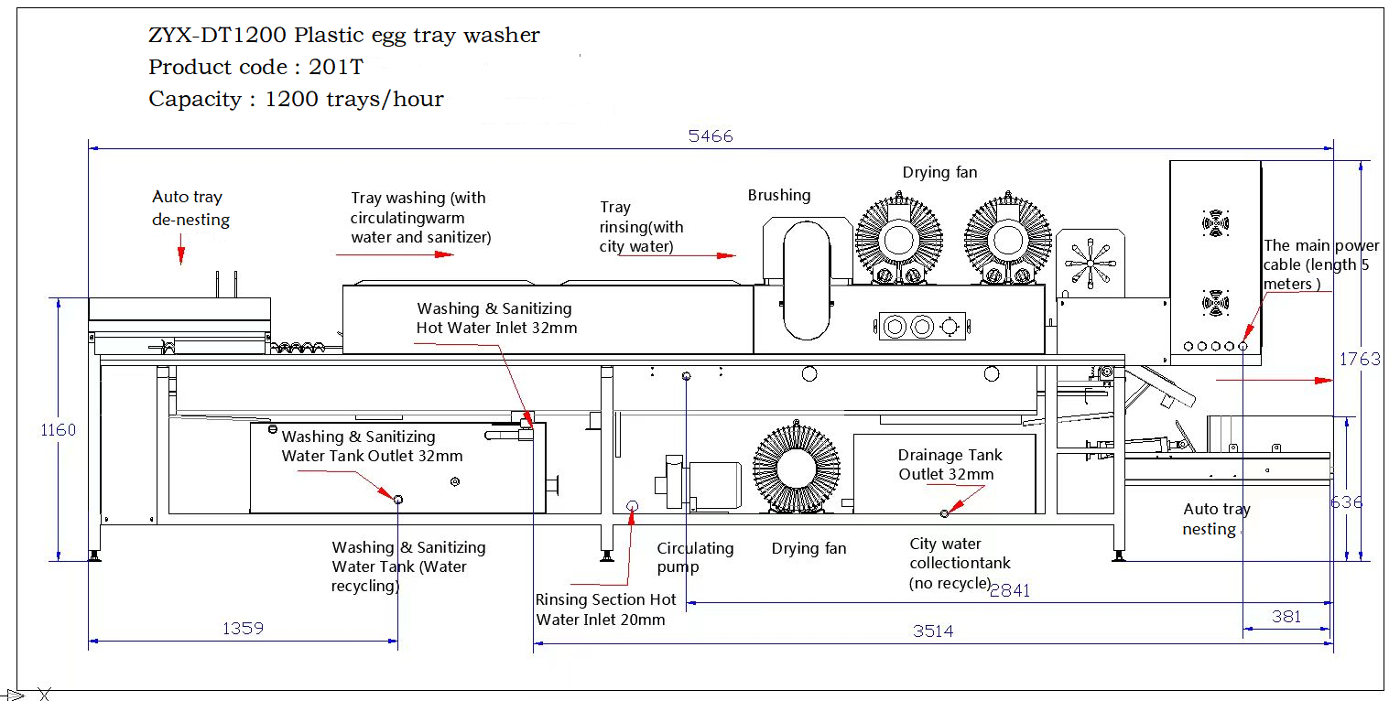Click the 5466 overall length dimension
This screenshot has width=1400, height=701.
711,136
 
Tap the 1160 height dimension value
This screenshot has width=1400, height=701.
59,429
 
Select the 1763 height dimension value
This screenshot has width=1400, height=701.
1360,359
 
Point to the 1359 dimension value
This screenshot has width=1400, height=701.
243,629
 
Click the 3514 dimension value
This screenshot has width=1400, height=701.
933,631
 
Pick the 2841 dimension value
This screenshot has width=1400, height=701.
1010,591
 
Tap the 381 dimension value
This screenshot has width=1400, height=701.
1286,617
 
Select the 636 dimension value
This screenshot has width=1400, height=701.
1347,502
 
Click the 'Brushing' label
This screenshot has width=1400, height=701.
779,195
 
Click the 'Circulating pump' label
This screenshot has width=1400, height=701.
695,557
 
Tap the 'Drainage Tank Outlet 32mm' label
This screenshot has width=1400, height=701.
950,464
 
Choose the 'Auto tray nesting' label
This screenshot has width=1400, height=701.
1216,519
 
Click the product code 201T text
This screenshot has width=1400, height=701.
255,67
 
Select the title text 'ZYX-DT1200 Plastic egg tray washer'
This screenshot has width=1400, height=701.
343,36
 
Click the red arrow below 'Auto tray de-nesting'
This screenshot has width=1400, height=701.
181,250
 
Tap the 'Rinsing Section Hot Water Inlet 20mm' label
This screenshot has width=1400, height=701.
605,609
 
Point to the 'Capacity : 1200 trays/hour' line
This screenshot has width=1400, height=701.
296,99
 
